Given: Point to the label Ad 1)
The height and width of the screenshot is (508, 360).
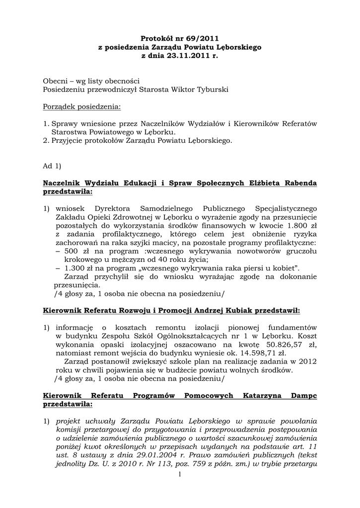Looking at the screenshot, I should click(52, 166).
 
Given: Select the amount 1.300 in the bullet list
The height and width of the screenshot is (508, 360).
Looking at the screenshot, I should click(73, 268).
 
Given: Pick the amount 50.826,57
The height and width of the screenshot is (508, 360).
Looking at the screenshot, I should click(275, 345).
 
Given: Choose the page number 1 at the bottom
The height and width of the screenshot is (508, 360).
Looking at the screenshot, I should click(180, 476).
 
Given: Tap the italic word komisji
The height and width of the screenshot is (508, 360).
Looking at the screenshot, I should click(69, 430).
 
